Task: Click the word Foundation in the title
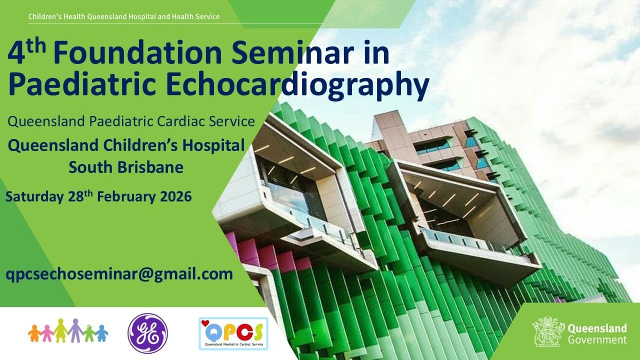[137, 52]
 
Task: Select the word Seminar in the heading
[292, 52]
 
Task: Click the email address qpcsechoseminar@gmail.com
[119, 274]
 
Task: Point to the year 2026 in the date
[175, 197]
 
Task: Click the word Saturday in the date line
[34, 197]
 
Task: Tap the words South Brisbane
[126, 167]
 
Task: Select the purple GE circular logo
[147, 333]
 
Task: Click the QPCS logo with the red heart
[233, 333]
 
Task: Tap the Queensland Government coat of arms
[547, 331]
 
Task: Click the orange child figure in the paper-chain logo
[35, 333]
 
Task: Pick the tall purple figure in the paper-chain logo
[75, 330]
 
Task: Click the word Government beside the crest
[597, 340]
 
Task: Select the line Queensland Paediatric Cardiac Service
[131, 121]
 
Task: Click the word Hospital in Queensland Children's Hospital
[213, 145]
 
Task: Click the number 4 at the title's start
[15, 53]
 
